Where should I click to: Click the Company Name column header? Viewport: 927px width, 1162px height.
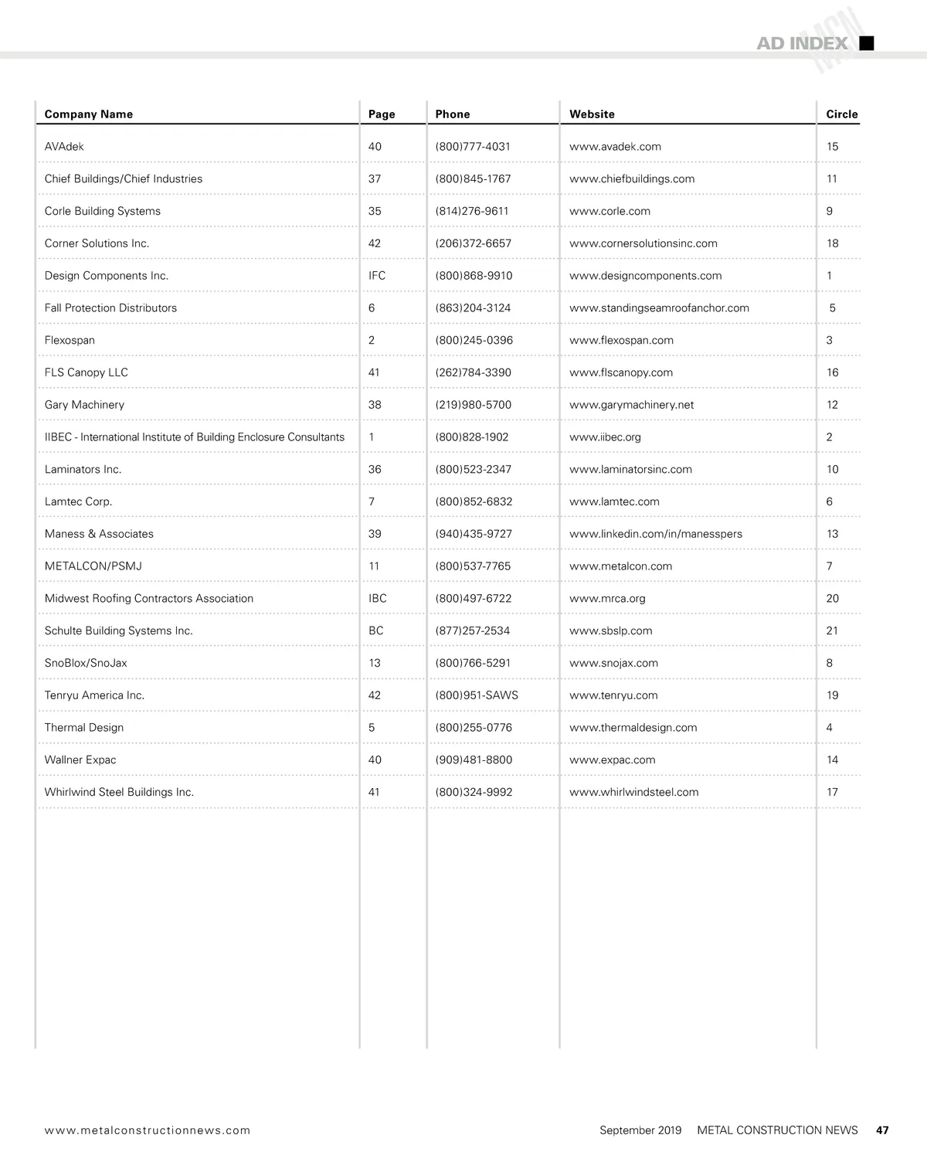(89, 114)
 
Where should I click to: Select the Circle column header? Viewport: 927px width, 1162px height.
(841, 114)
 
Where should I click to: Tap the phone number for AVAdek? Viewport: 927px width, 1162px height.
(473, 147)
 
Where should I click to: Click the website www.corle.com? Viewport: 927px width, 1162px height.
(610, 211)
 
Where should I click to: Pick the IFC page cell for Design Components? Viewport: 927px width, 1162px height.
(377, 276)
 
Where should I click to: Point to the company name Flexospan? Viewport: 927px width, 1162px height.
(70, 340)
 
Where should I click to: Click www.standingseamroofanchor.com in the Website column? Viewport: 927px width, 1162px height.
(659, 308)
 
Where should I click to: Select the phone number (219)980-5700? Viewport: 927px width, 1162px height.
(473, 405)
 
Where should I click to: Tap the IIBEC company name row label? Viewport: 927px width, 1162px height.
(195, 437)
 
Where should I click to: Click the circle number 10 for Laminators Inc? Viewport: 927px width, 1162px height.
(832, 470)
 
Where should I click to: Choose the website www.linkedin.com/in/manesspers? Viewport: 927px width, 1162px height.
(655, 534)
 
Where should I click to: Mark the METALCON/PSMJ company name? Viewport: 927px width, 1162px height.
(93, 566)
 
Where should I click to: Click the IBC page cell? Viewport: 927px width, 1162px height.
(378, 599)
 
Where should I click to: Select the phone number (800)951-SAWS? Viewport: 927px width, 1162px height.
(477, 695)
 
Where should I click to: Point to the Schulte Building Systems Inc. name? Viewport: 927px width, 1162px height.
(119, 631)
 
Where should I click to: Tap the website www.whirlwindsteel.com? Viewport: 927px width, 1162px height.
(633, 792)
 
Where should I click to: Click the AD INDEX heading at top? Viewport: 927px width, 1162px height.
(802, 44)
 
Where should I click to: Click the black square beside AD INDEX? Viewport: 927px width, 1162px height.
(867, 43)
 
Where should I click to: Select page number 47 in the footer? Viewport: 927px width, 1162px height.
(882, 1130)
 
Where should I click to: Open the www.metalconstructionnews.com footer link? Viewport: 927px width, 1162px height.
(148, 1130)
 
